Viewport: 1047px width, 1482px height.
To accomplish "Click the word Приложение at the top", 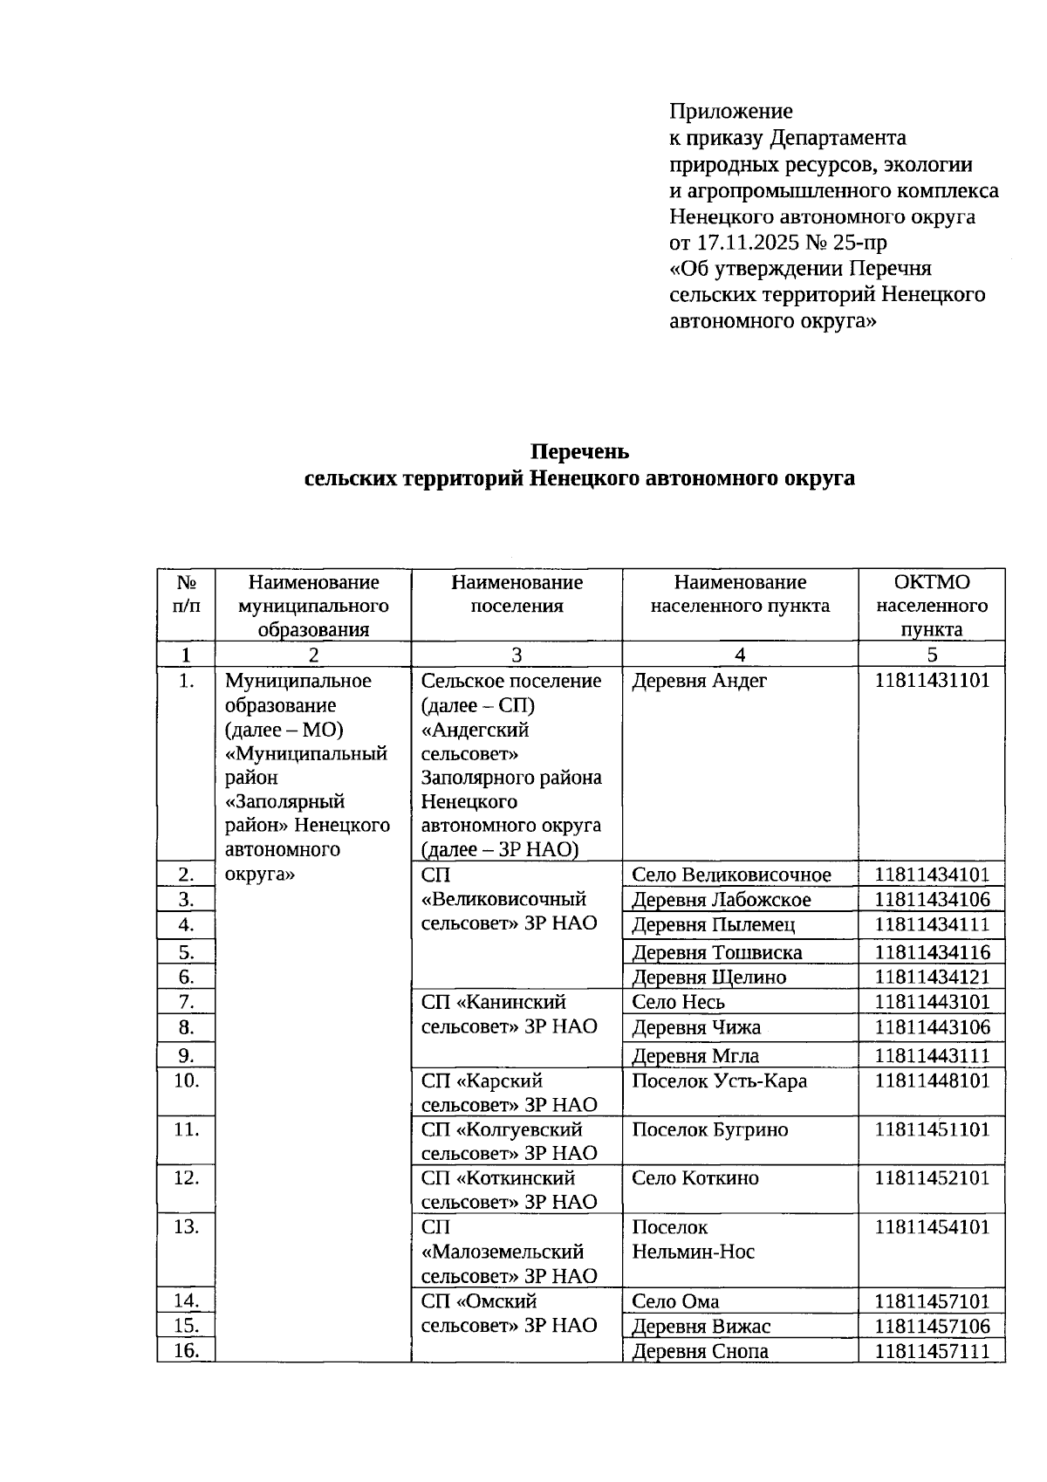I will [x=730, y=111].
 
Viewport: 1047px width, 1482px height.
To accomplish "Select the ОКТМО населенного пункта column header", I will [x=931, y=606].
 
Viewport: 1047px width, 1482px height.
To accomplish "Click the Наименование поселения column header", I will [x=517, y=593].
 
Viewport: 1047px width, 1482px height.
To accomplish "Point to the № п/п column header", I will [x=186, y=593].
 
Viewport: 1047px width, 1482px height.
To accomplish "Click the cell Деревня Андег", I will [x=699, y=681].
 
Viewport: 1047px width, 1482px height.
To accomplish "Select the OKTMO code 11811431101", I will [x=932, y=681].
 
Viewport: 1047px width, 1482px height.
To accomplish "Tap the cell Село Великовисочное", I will [x=731, y=875].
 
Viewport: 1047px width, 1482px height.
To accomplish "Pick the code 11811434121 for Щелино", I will [x=932, y=977].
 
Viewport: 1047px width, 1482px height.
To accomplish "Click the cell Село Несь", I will [x=678, y=1002].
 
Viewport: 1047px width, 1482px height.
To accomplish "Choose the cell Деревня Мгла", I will [x=695, y=1055].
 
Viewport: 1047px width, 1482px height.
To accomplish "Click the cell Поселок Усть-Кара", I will [x=719, y=1081].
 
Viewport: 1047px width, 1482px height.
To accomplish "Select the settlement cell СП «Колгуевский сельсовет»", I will [x=509, y=1141].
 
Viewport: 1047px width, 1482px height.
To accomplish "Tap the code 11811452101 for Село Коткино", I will [x=932, y=1178].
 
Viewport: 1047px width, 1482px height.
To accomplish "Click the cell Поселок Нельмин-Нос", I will [x=693, y=1239].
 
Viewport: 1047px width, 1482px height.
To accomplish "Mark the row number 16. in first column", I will [x=186, y=1351].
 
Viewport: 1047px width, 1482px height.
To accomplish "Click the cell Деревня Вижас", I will [x=701, y=1326].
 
